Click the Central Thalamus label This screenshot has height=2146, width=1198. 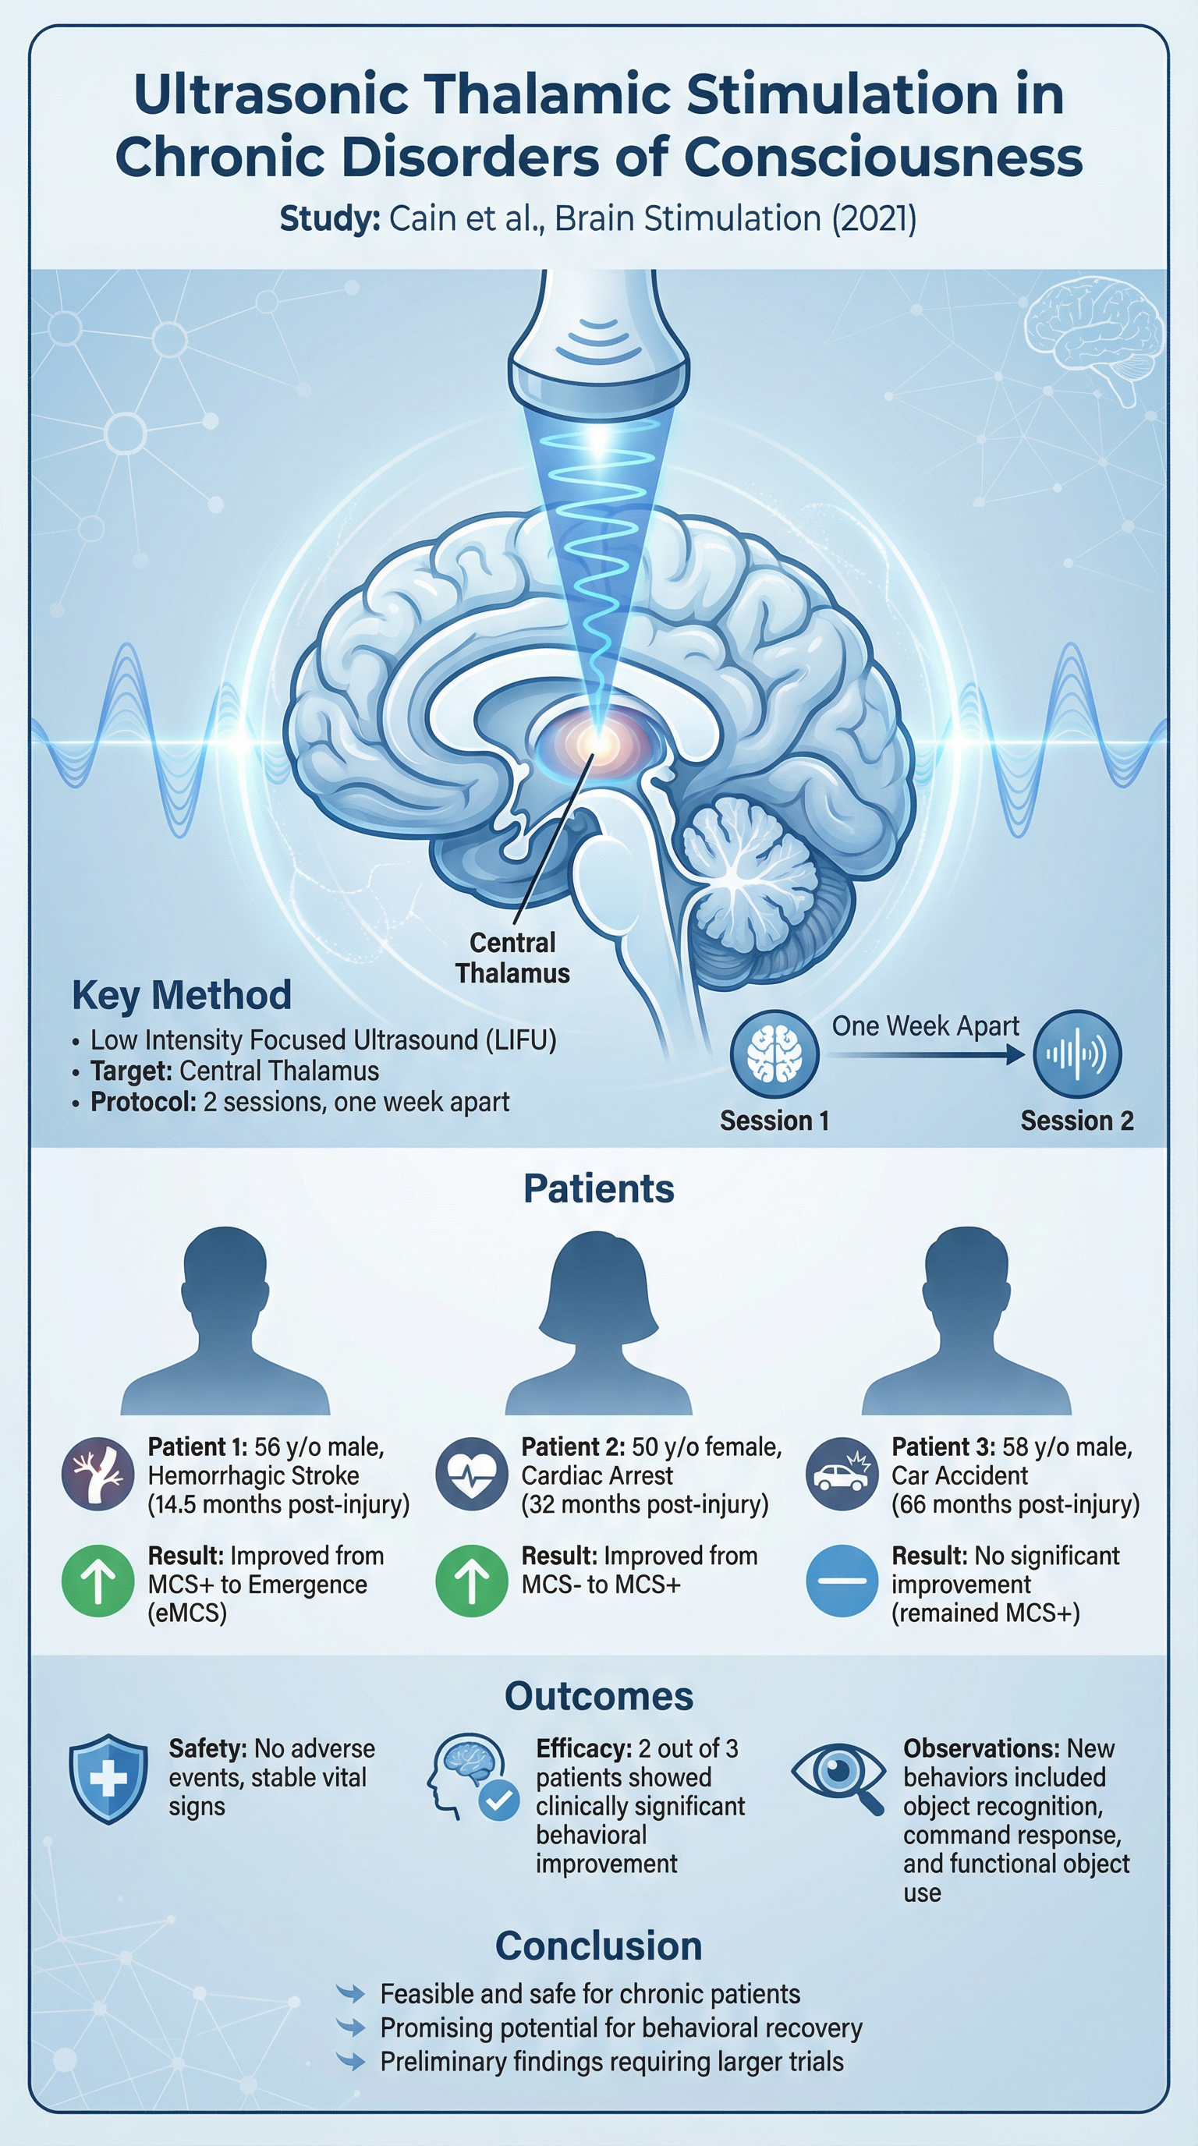click(512, 958)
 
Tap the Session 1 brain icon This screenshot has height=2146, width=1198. click(774, 1054)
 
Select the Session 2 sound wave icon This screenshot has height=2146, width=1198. click(1077, 1054)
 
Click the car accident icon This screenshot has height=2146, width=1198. click(842, 1475)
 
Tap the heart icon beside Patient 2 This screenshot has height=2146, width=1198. click(472, 1475)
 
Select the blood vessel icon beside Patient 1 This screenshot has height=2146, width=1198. click(98, 1475)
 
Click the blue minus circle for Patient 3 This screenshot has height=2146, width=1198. click(842, 1581)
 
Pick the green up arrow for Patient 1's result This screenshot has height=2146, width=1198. click(98, 1581)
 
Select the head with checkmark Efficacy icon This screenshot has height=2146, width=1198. click(473, 1777)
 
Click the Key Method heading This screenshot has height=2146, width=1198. click(182, 995)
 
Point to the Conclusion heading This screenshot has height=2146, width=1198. click(599, 1946)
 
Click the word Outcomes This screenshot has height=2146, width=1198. click(599, 1696)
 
